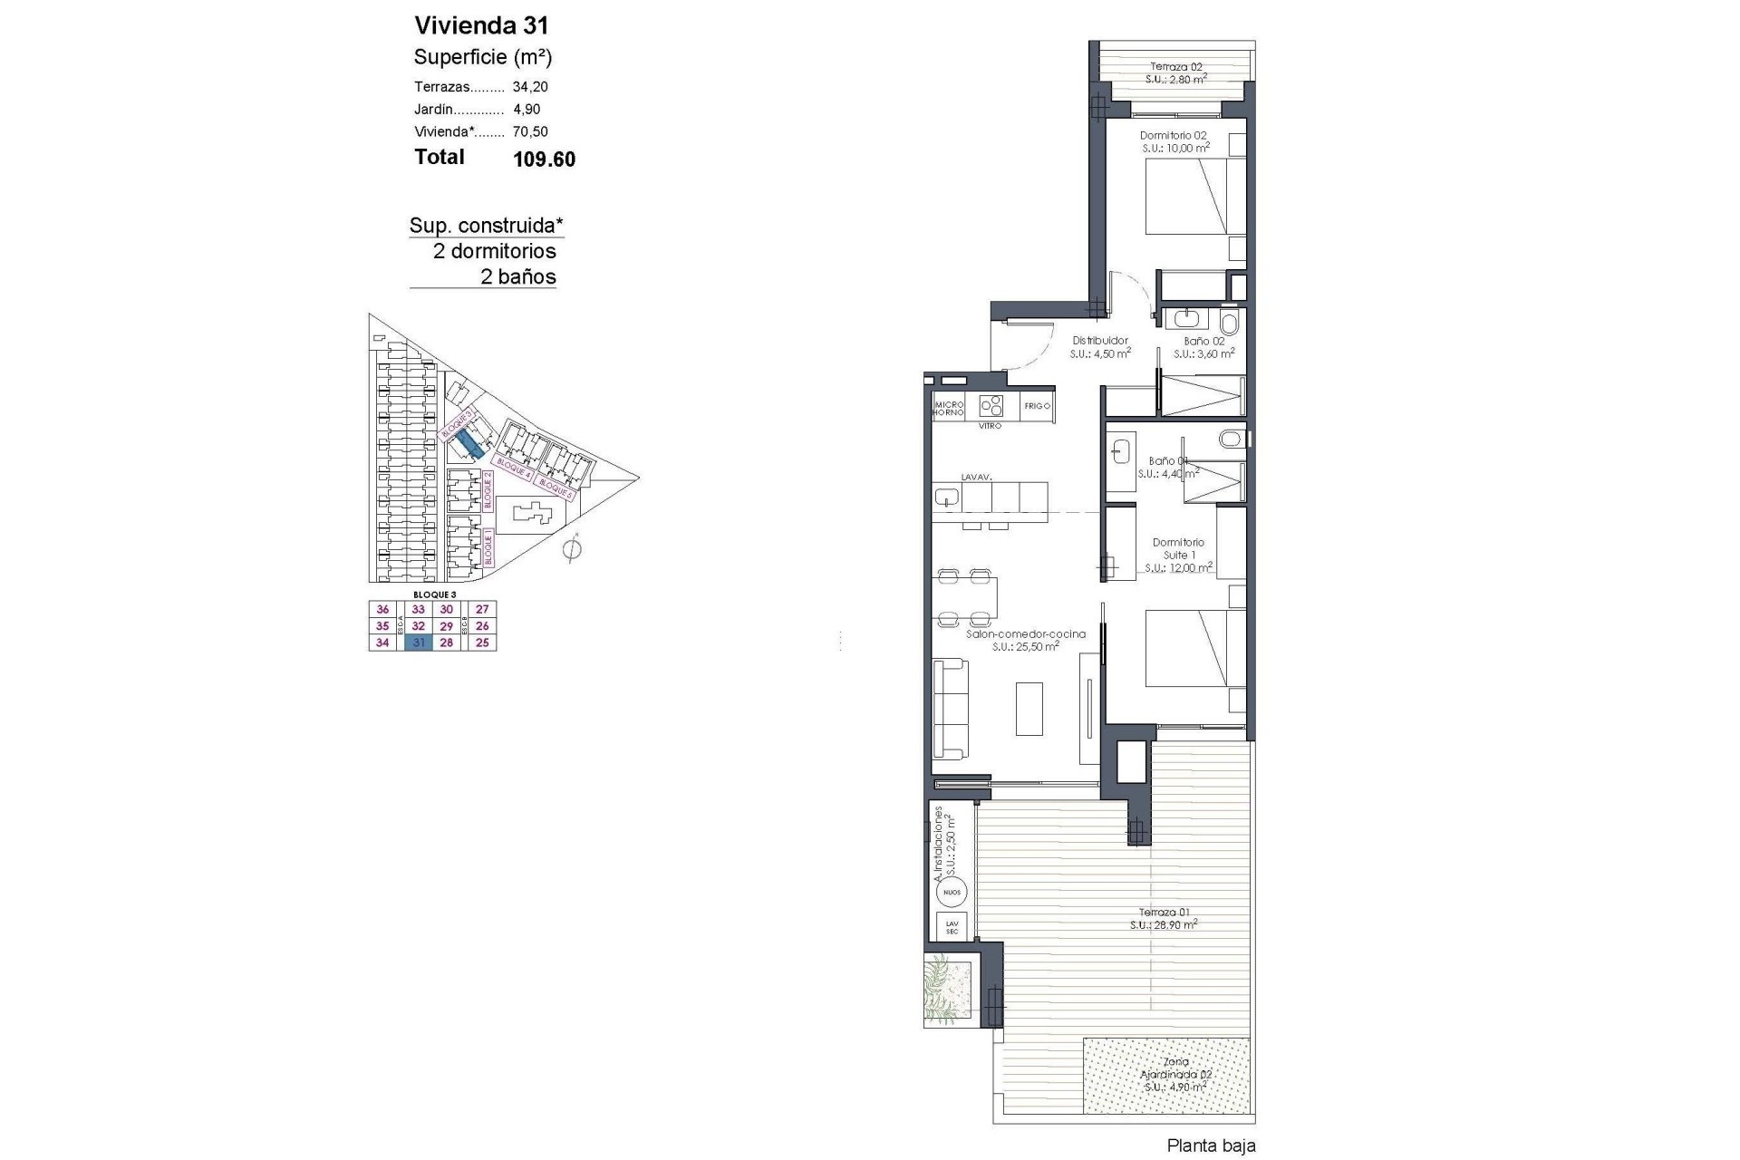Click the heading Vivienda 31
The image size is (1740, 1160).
[x=481, y=24]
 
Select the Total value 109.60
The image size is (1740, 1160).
[x=544, y=159]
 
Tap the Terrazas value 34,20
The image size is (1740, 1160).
[x=530, y=87]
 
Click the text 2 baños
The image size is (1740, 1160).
[x=517, y=276]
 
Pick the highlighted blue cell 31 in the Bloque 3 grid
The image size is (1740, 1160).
[x=419, y=643]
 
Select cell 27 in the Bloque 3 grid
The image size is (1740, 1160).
[x=482, y=610]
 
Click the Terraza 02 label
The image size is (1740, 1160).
[x=1175, y=66]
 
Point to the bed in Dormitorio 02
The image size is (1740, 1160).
[x=1186, y=197]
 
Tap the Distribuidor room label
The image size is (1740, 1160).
[x=1100, y=341]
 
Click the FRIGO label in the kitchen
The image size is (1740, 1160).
[x=1037, y=406]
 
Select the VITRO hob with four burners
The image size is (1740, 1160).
[x=991, y=405]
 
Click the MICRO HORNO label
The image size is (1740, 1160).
[x=948, y=408]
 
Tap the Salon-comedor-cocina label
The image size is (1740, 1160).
[x=1025, y=634]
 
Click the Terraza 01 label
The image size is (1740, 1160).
[x=1164, y=912]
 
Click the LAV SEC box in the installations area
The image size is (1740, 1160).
[x=952, y=927]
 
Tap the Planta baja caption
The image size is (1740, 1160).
[x=1211, y=1145]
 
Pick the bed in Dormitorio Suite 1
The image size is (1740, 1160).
[x=1186, y=648]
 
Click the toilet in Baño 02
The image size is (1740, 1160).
[x=1230, y=323]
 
